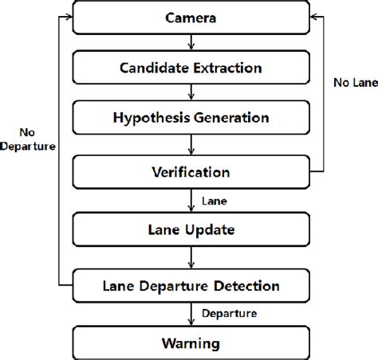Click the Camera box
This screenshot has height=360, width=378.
pyautogui.click(x=191, y=18)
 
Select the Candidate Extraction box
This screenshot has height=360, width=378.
pyautogui.click(x=191, y=68)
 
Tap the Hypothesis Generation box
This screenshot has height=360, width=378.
pyautogui.click(x=191, y=119)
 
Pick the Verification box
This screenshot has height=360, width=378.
pyautogui.click(x=191, y=171)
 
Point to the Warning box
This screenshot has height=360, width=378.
pyautogui.click(x=191, y=344)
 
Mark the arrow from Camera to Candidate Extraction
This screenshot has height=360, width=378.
pyautogui.click(x=191, y=42)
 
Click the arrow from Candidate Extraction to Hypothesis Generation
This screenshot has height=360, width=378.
pyautogui.click(x=191, y=93)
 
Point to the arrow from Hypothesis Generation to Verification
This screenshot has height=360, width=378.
pyautogui.click(x=191, y=144)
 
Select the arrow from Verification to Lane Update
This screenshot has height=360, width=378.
pyautogui.click(x=191, y=199)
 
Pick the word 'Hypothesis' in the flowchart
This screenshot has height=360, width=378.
pyautogui.click(x=152, y=119)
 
